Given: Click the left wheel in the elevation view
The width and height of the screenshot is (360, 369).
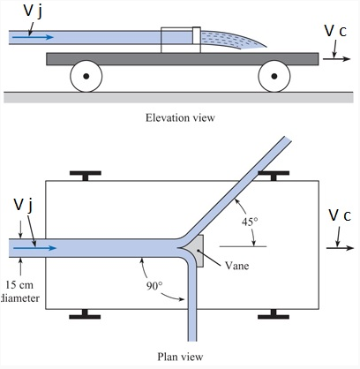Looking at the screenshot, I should point(86,77).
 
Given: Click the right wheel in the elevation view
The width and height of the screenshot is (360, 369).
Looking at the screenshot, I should point(276,77).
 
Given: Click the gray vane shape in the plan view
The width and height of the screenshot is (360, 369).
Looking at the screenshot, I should point(198,248).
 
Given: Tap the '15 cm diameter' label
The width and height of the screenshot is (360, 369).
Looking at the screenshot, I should point(19,290).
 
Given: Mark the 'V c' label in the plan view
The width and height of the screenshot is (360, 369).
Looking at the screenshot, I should point(341,215).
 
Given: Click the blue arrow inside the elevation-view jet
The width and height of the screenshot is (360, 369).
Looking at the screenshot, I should point(34,37).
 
